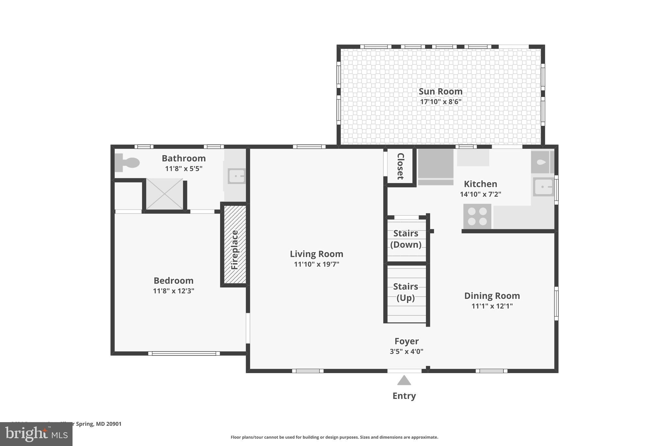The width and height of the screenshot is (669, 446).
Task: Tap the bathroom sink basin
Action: [x=237, y=176]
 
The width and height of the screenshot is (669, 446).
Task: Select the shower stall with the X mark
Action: [x=164, y=194]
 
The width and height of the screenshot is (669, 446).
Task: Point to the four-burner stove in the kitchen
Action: [x=477, y=216]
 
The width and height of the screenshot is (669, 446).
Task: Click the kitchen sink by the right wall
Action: [x=543, y=187]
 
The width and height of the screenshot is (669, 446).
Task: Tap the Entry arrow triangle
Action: [x=404, y=380]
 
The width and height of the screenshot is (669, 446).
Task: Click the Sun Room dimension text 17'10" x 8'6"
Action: [x=441, y=102]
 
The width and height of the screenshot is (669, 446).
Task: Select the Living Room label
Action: [x=317, y=254]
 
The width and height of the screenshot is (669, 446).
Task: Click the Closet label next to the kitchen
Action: [x=400, y=166]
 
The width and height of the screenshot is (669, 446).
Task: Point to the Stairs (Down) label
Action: [x=406, y=239]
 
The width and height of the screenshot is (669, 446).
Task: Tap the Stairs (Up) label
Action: [x=406, y=292]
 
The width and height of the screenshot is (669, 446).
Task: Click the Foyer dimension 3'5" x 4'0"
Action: [x=406, y=352]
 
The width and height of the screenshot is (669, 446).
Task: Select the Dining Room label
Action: [x=492, y=296]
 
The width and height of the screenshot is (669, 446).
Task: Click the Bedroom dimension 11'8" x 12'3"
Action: [x=173, y=291]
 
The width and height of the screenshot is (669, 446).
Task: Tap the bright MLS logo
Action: [x=36, y=434]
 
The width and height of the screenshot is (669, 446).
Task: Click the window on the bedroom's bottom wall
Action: [x=184, y=353]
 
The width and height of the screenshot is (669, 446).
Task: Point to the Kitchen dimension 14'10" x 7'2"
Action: [x=480, y=194]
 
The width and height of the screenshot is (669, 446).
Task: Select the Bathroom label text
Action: [x=184, y=158]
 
